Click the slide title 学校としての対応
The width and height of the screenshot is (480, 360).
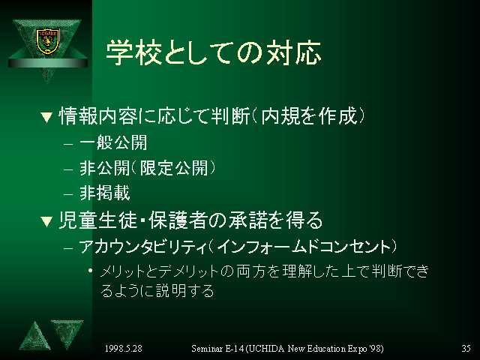click(213, 52)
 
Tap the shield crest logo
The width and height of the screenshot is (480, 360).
click(47, 41)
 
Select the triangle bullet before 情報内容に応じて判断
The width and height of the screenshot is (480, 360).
click(46, 118)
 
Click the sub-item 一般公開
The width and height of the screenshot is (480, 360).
click(113, 143)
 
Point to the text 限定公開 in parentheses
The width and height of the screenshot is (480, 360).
click(174, 168)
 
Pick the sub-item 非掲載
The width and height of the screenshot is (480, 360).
click(105, 193)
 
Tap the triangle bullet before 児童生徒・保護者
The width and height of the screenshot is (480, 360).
click(46, 222)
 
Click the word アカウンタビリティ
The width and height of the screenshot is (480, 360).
click(143, 247)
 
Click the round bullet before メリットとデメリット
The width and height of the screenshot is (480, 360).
click(90, 270)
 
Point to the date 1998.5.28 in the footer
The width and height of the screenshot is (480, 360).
click(123, 348)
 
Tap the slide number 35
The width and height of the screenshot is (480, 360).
click(466, 348)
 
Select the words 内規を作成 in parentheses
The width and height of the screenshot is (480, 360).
click(309, 116)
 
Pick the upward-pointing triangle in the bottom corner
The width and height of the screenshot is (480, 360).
click(35, 338)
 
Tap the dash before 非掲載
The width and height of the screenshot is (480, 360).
click(68, 194)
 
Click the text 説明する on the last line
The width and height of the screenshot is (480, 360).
click(185, 290)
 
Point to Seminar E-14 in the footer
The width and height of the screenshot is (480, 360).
click(217, 348)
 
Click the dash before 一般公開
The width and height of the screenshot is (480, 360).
click(68, 144)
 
